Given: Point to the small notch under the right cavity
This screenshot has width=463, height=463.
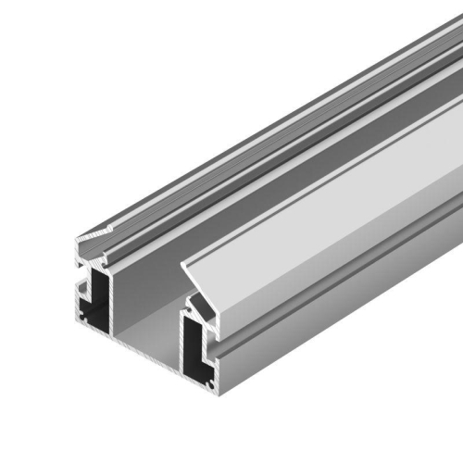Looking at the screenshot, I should coord(199,378).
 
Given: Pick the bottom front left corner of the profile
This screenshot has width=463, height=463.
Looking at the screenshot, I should coord(77,319).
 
